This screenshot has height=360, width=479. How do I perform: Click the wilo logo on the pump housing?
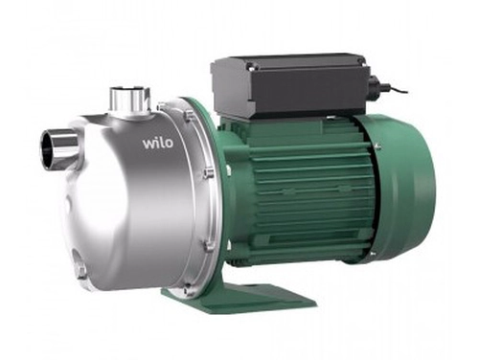click(x=158, y=143)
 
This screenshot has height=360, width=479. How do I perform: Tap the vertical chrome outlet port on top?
click(x=129, y=100)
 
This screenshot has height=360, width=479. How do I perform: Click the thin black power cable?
click(x=395, y=89)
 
